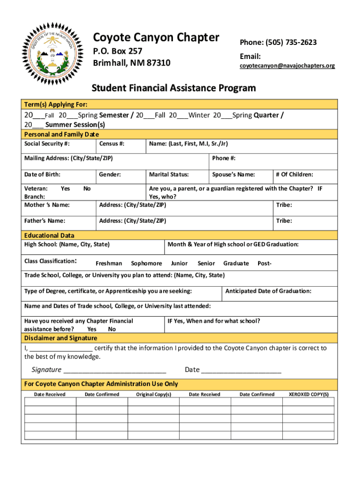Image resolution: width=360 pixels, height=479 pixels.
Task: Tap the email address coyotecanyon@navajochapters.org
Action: pos(287,66)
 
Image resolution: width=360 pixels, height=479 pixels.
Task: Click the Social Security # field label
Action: pos(47,144)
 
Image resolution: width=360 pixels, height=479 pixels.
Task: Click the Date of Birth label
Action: pos(42,174)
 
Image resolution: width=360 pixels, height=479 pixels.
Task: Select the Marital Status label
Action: pos(168,174)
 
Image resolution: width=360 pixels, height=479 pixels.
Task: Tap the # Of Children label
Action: pos(294,174)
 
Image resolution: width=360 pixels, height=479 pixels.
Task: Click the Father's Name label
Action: pos(44,220)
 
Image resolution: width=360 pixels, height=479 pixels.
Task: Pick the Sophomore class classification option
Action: pos(146,263)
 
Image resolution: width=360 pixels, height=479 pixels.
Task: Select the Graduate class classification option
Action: pos(236,263)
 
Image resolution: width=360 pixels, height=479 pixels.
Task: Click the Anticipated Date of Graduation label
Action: pos(268,291)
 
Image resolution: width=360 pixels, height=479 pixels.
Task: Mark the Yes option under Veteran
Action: pos(65,189)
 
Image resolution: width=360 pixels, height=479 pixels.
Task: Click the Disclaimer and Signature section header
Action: pos(60,338)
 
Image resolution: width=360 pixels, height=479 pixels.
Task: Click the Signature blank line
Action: pos(115,370)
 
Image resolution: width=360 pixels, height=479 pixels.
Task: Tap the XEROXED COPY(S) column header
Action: pos(309,394)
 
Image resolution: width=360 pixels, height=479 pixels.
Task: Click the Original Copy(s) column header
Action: pos(153,394)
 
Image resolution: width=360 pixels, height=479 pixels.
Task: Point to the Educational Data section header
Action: pos(49,235)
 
